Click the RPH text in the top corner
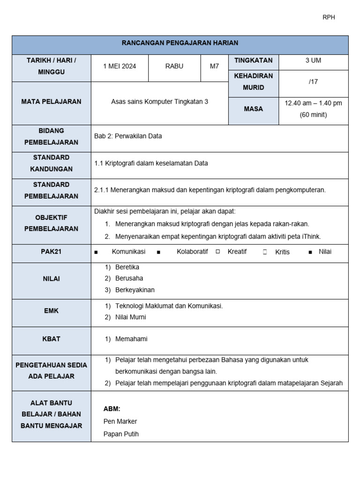329,17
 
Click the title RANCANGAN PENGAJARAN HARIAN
180,43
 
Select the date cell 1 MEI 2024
120,67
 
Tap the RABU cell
174,67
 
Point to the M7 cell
214,67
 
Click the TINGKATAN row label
253,61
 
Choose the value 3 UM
313,61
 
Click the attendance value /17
313,82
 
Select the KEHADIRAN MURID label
253,82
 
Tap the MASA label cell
253,109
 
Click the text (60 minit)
313,115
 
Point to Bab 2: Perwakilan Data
128,136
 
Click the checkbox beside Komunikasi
96,252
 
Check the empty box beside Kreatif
218,252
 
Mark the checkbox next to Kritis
265,252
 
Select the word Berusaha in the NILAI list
129,278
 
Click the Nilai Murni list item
130,317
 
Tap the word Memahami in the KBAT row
131,339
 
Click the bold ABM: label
112,409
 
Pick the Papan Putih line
121,434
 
